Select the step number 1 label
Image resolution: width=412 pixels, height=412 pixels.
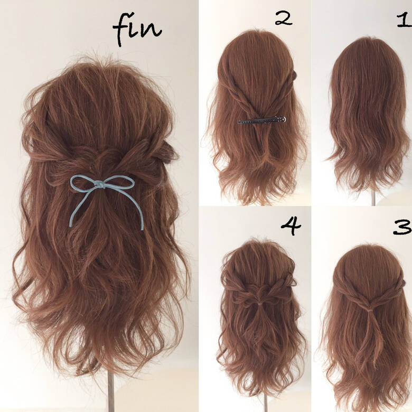tap(404, 21)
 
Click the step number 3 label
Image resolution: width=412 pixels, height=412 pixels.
tap(402, 227)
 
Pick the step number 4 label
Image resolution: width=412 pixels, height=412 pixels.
tap(291, 226)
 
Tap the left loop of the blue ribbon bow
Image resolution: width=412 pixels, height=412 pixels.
tap(85, 183)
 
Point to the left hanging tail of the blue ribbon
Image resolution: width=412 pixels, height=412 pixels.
tap(74, 209)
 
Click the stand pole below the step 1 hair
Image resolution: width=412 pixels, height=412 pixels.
tap(373, 198)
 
